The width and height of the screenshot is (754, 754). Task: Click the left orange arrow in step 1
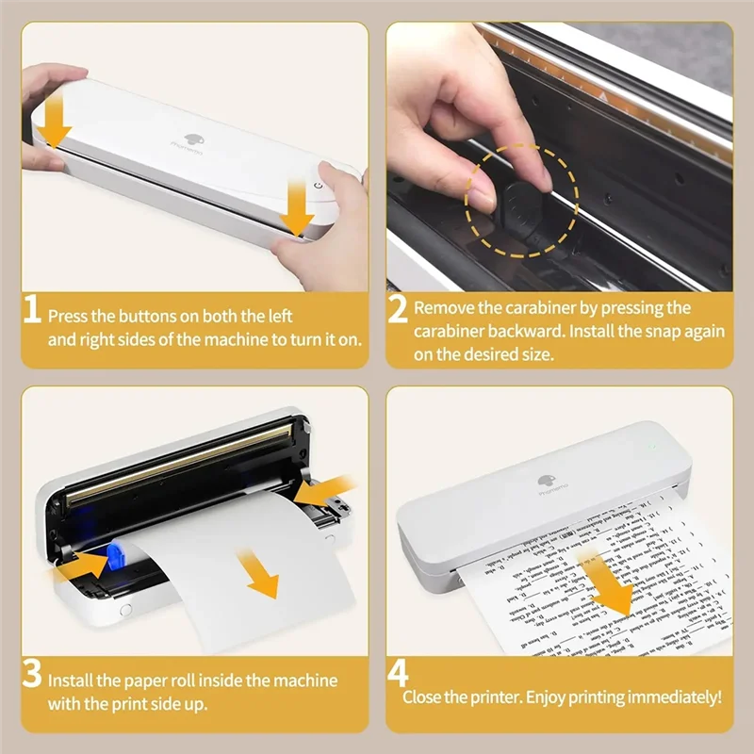(x=56, y=122)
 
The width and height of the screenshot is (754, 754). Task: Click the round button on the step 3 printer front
(x=125, y=610)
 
